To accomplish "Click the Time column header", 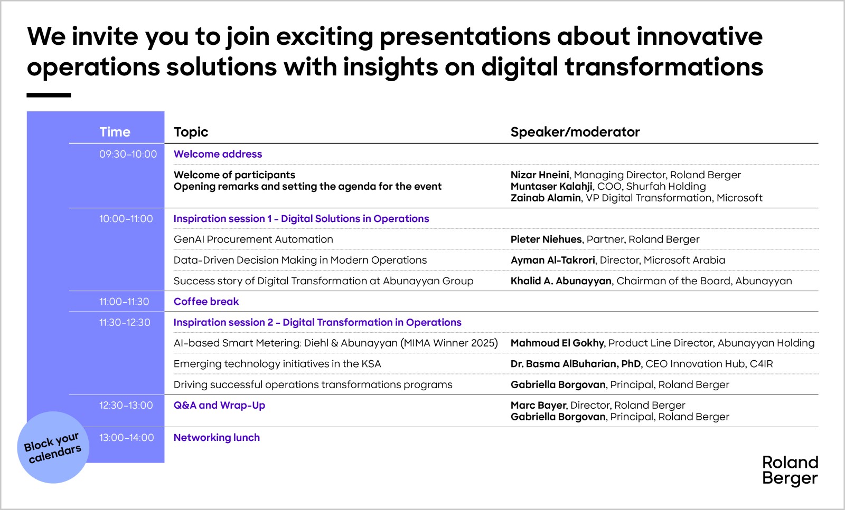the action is click(x=115, y=132).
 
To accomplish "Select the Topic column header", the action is click(x=191, y=132).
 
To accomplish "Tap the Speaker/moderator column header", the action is click(x=575, y=132).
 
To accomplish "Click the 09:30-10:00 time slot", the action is click(x=128, y=154).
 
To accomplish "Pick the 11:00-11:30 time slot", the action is click(x=124, y=302).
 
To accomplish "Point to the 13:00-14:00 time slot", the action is click(x=126, y=438).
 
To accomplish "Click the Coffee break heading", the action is click(x=206, y=301).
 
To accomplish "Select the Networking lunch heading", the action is click(x=217, y=437).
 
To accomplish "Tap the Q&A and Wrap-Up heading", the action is click(x=219, y=405).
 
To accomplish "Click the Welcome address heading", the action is click(x=218, y=154).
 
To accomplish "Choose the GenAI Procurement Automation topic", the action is click(x=253, y=239).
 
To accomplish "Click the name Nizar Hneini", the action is click(x=540, y=175).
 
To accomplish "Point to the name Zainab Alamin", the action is click(x=546, y=198).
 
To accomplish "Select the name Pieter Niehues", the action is click(x=546, y=239).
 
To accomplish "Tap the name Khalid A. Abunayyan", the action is click(x=561, y=281).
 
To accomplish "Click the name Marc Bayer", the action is click(x=538, y=405).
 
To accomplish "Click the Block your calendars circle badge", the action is click(x=53, y=447).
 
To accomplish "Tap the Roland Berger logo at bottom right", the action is click(x=790, y=470).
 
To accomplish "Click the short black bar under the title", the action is click(x=49, y=95).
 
